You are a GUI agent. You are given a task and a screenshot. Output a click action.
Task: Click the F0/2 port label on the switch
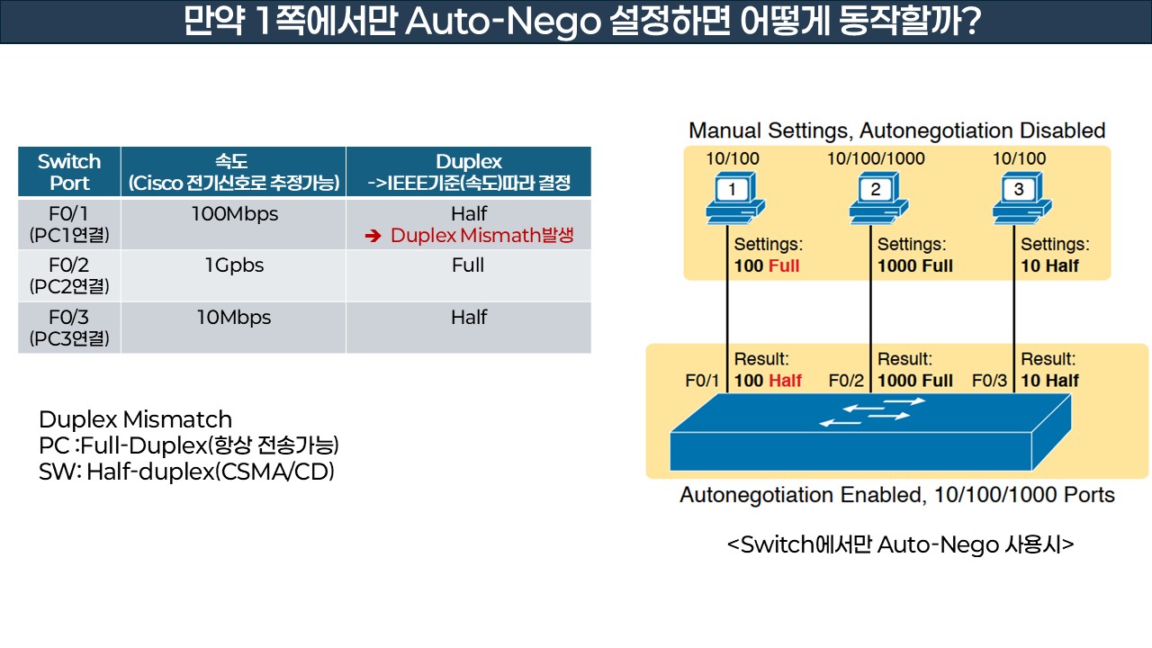pos(846,381)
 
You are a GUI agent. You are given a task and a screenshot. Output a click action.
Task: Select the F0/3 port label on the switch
pos(989,381)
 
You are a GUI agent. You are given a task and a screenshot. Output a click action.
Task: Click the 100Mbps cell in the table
pos(234,214)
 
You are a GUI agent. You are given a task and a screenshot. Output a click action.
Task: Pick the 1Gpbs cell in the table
pos(234,265)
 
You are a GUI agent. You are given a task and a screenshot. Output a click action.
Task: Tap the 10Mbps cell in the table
pos(234,318)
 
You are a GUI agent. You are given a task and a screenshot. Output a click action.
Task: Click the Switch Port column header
pos(69,172)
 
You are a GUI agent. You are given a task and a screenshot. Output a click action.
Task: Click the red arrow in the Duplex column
pos(373,237)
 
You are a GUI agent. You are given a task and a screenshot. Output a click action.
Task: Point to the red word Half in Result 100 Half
pos(785,381)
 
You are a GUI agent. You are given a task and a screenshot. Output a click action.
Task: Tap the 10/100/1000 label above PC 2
pos(876,159)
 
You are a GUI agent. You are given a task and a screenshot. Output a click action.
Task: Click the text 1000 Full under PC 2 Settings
pos(915,265)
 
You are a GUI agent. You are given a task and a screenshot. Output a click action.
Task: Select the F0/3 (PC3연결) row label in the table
pos(69,328)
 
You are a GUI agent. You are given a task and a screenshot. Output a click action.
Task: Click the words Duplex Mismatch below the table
pos(135,419)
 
